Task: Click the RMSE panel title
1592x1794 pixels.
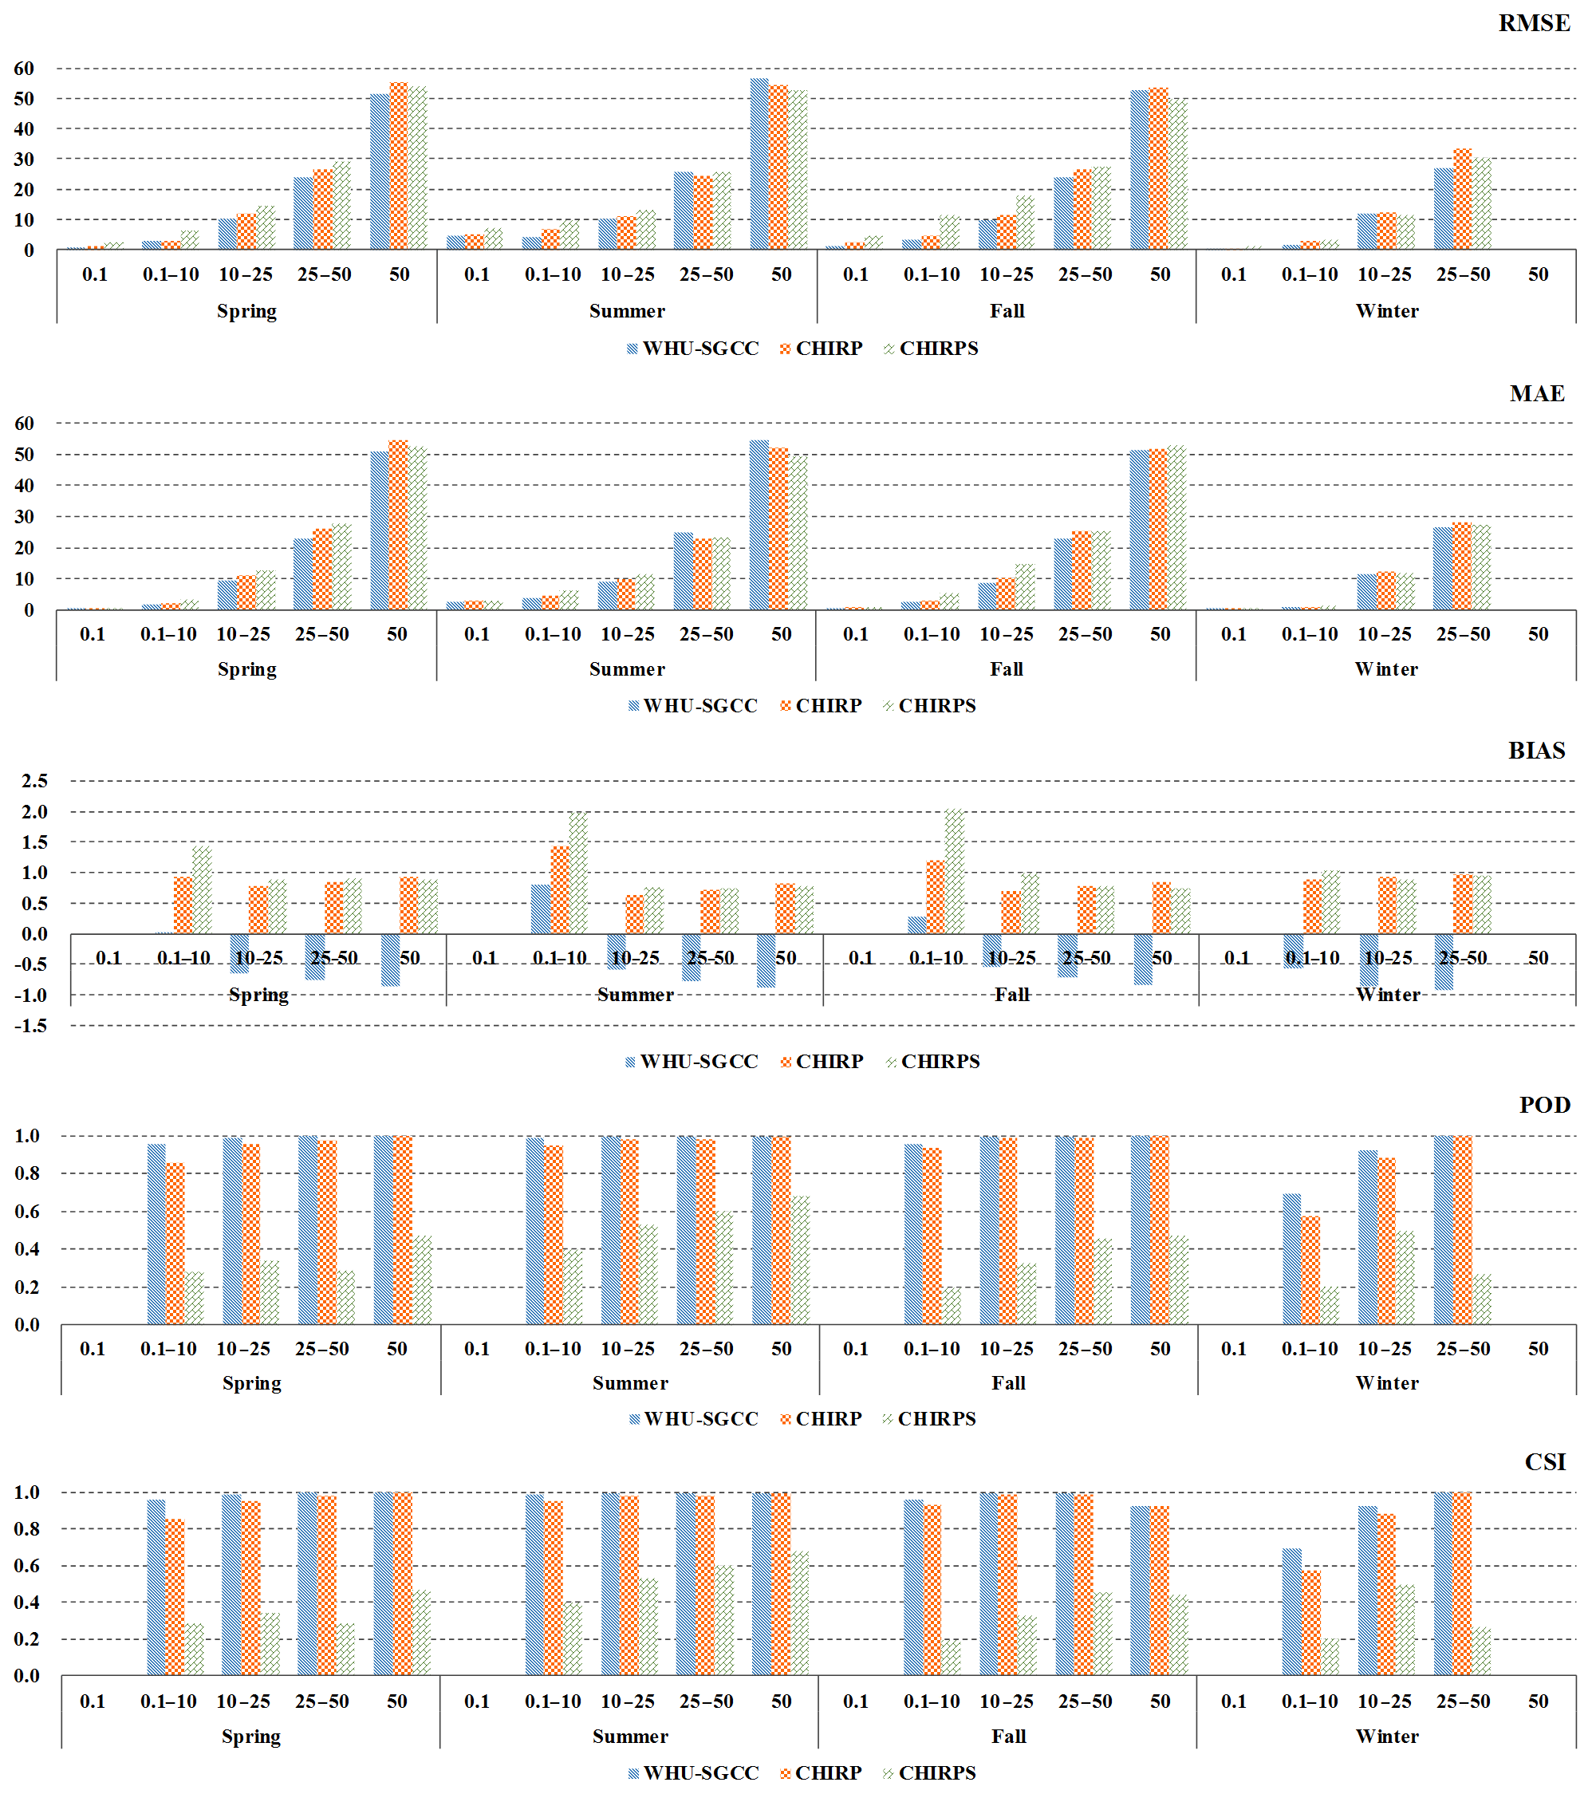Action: [x=1533, y=24]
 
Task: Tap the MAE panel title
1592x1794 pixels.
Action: [x=1536, y=393]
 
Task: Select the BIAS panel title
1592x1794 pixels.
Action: [x=1536, y=751]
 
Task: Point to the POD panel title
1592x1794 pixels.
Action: [x=1543, y=1105]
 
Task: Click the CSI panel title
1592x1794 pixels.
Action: [x=1545, y=1461]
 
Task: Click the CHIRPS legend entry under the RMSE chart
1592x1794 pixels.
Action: [x=937, y=349]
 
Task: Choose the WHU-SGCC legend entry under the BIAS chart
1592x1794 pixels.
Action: [x=698, y=1061]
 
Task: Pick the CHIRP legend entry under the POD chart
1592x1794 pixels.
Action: [x=828, y=1418]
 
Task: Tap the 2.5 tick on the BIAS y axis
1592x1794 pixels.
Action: [x=34, y=781]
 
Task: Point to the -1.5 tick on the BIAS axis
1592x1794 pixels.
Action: [x=31, y=1025]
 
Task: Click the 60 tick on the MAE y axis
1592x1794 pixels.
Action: [x=24, y=424]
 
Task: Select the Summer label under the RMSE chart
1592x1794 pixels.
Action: [x=627, y=311]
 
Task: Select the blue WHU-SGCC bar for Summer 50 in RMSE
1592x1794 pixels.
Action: [x=759, y=164]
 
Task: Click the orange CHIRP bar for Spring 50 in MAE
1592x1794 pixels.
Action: [x=399, y=525]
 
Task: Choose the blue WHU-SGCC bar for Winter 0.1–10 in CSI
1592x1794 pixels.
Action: [x=1291, y=1611]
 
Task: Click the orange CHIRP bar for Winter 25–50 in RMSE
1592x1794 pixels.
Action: [x=1462, y=199]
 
